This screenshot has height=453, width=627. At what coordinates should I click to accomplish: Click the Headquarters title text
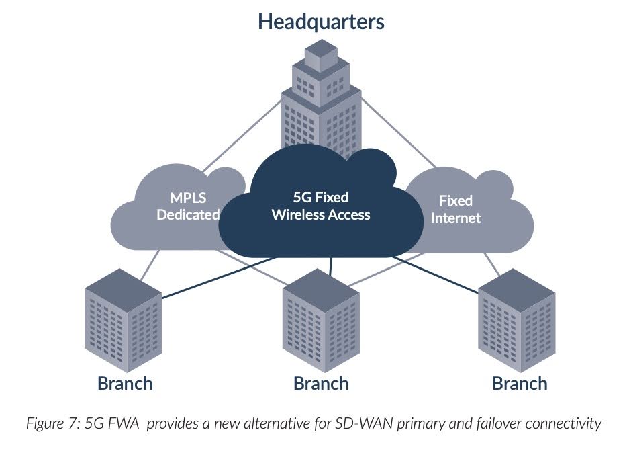coord(321,22)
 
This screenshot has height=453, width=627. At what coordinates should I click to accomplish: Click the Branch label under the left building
coord(125,384)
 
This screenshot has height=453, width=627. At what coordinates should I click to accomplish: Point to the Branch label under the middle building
coord(321,384)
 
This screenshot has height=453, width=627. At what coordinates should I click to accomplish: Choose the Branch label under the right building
coord(520,384)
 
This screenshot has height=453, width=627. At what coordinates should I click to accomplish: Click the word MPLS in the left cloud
coord(188,198)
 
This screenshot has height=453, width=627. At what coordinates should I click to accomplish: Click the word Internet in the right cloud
coord(456,218)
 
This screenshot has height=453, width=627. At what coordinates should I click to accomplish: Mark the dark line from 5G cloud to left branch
coord(215,279)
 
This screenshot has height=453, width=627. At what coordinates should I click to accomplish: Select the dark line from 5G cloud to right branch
coord(436,274)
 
